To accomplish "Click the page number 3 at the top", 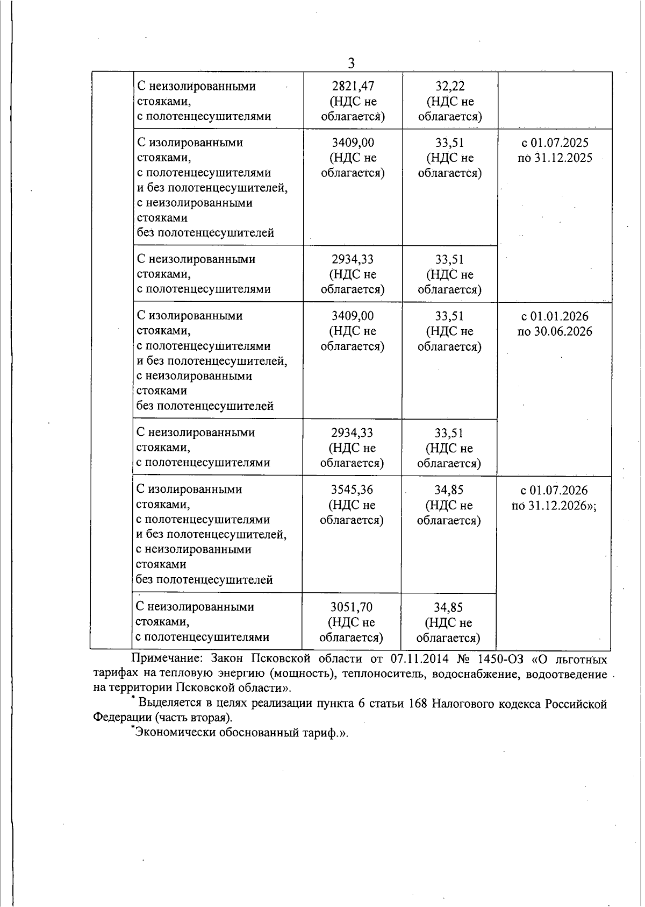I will coord(351,63).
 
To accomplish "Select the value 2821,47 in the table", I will coord(353,86).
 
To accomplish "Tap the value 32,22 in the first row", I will coord(450,86).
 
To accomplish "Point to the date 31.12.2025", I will coord(563,158).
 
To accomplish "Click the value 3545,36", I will coord(352,490).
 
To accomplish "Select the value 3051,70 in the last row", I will coord(352,607).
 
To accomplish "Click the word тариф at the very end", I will coord(327,733).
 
